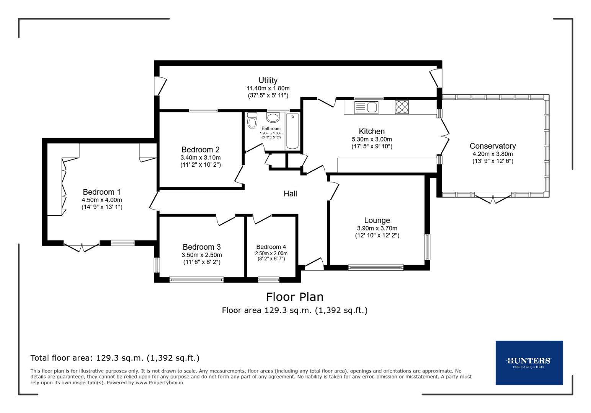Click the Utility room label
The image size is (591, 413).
point(268,80)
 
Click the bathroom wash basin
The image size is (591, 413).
point(273,117)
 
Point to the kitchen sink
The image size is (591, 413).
point(367,107)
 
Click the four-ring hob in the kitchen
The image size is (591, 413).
point(402,107)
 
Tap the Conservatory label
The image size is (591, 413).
point(492,146)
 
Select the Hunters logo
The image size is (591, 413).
point(529,362)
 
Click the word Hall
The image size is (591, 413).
point(290,194)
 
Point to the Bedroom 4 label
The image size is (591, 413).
point(271,247)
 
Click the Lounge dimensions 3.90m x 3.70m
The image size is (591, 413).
point(377,228)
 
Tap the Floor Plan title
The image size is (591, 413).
point(294,297)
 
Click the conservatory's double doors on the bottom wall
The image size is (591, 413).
point(493,199)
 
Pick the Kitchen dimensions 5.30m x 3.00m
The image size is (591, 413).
point(372,140)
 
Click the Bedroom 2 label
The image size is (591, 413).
point(200,150)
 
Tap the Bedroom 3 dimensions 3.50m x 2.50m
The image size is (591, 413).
point(202,255)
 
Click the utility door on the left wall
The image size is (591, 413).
point(160,86)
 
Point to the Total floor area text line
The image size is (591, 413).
point(115,358)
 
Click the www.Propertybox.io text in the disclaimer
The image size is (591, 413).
point(159,382)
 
